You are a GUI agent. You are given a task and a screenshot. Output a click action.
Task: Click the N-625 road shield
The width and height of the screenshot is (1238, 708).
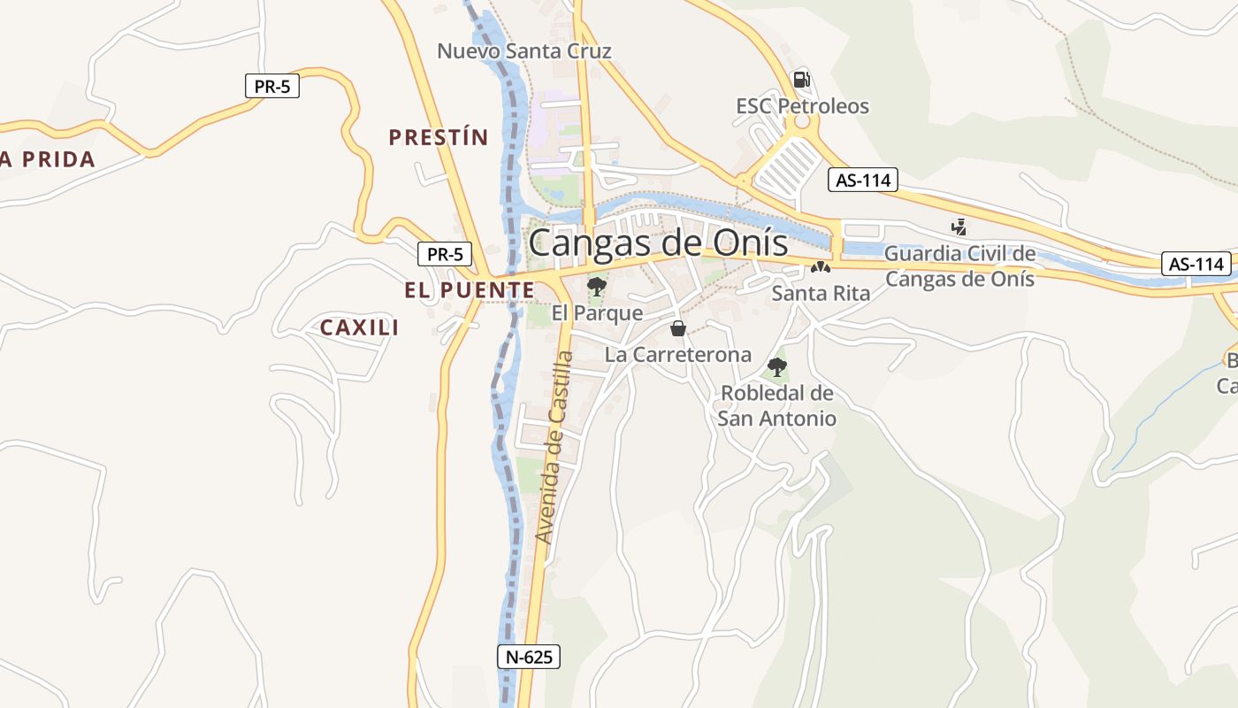[x=528, y=657]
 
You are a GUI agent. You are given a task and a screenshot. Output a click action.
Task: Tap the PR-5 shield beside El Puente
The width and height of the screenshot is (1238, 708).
[x=445, y=254]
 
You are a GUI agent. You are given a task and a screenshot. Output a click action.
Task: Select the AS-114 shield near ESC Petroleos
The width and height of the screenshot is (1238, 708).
[x=863, y=181]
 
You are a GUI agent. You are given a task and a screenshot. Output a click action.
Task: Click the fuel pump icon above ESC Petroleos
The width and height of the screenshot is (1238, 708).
[x=801, y=80]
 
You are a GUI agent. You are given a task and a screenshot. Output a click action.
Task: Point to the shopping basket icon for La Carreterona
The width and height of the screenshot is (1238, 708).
[x=678, y=329]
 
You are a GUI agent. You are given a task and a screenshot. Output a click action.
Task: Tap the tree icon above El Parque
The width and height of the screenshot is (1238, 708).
[x=597, y=286]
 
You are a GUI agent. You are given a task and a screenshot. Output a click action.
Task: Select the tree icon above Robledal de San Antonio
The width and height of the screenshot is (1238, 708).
[x=777, y=366]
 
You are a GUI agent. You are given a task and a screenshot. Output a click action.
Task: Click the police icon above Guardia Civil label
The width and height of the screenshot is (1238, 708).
[x=959, y=227]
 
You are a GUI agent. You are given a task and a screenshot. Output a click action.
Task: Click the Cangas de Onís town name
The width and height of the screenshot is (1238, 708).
[x=658, y=242]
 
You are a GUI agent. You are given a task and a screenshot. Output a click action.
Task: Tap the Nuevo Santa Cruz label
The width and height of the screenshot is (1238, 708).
[x=524, y=51]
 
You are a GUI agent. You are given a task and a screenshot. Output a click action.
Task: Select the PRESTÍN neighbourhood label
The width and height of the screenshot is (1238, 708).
[x=439, y=137]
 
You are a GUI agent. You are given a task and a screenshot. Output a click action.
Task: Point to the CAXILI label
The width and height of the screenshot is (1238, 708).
[x=359, y=327]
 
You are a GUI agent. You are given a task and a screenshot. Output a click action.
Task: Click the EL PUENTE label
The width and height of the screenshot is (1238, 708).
[x=470, y=290]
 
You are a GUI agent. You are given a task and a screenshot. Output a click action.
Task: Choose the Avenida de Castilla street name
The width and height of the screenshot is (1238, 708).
[x=555, y=447]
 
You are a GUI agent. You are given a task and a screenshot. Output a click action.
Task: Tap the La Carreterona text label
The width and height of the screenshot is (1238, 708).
[x=678, y=355]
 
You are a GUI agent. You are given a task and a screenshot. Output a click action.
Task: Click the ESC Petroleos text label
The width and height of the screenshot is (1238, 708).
[x=802, y=106]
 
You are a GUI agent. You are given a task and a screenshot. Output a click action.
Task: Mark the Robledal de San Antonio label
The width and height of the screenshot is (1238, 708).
[x=776, y=405]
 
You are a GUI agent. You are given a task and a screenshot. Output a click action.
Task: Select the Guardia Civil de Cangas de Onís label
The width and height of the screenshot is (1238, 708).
[x=959, y=265]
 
